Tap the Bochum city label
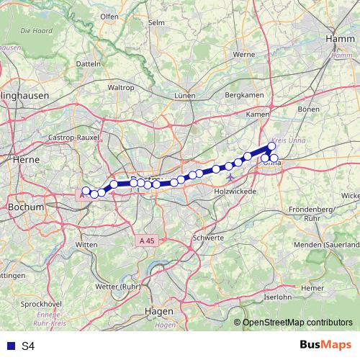(x=25, y=207)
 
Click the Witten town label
(x=86, y=245)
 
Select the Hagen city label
(x=159, y=311)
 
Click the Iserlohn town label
(x=278, y=297)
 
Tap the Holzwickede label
(x=234, y=193)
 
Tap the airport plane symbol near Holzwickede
(x=230, y=176)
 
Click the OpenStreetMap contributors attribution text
(x=297, y=323)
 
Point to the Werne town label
(x=244, y=54)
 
